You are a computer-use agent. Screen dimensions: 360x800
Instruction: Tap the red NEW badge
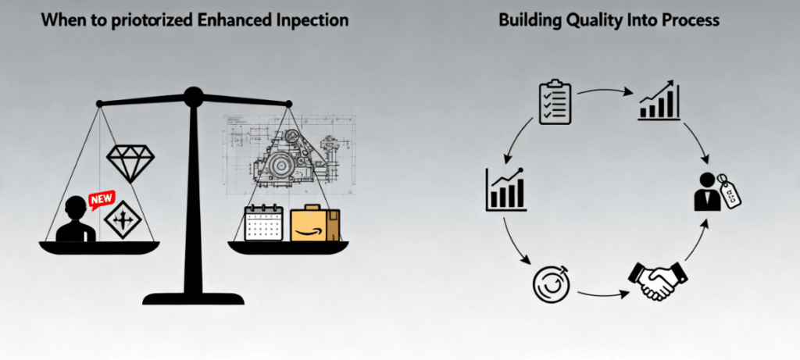102,201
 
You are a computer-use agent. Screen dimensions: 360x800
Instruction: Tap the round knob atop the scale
193,97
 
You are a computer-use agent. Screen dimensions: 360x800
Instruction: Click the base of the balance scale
193,298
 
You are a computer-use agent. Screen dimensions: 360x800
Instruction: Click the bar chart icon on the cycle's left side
505,189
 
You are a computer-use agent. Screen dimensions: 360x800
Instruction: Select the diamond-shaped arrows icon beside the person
122,220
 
